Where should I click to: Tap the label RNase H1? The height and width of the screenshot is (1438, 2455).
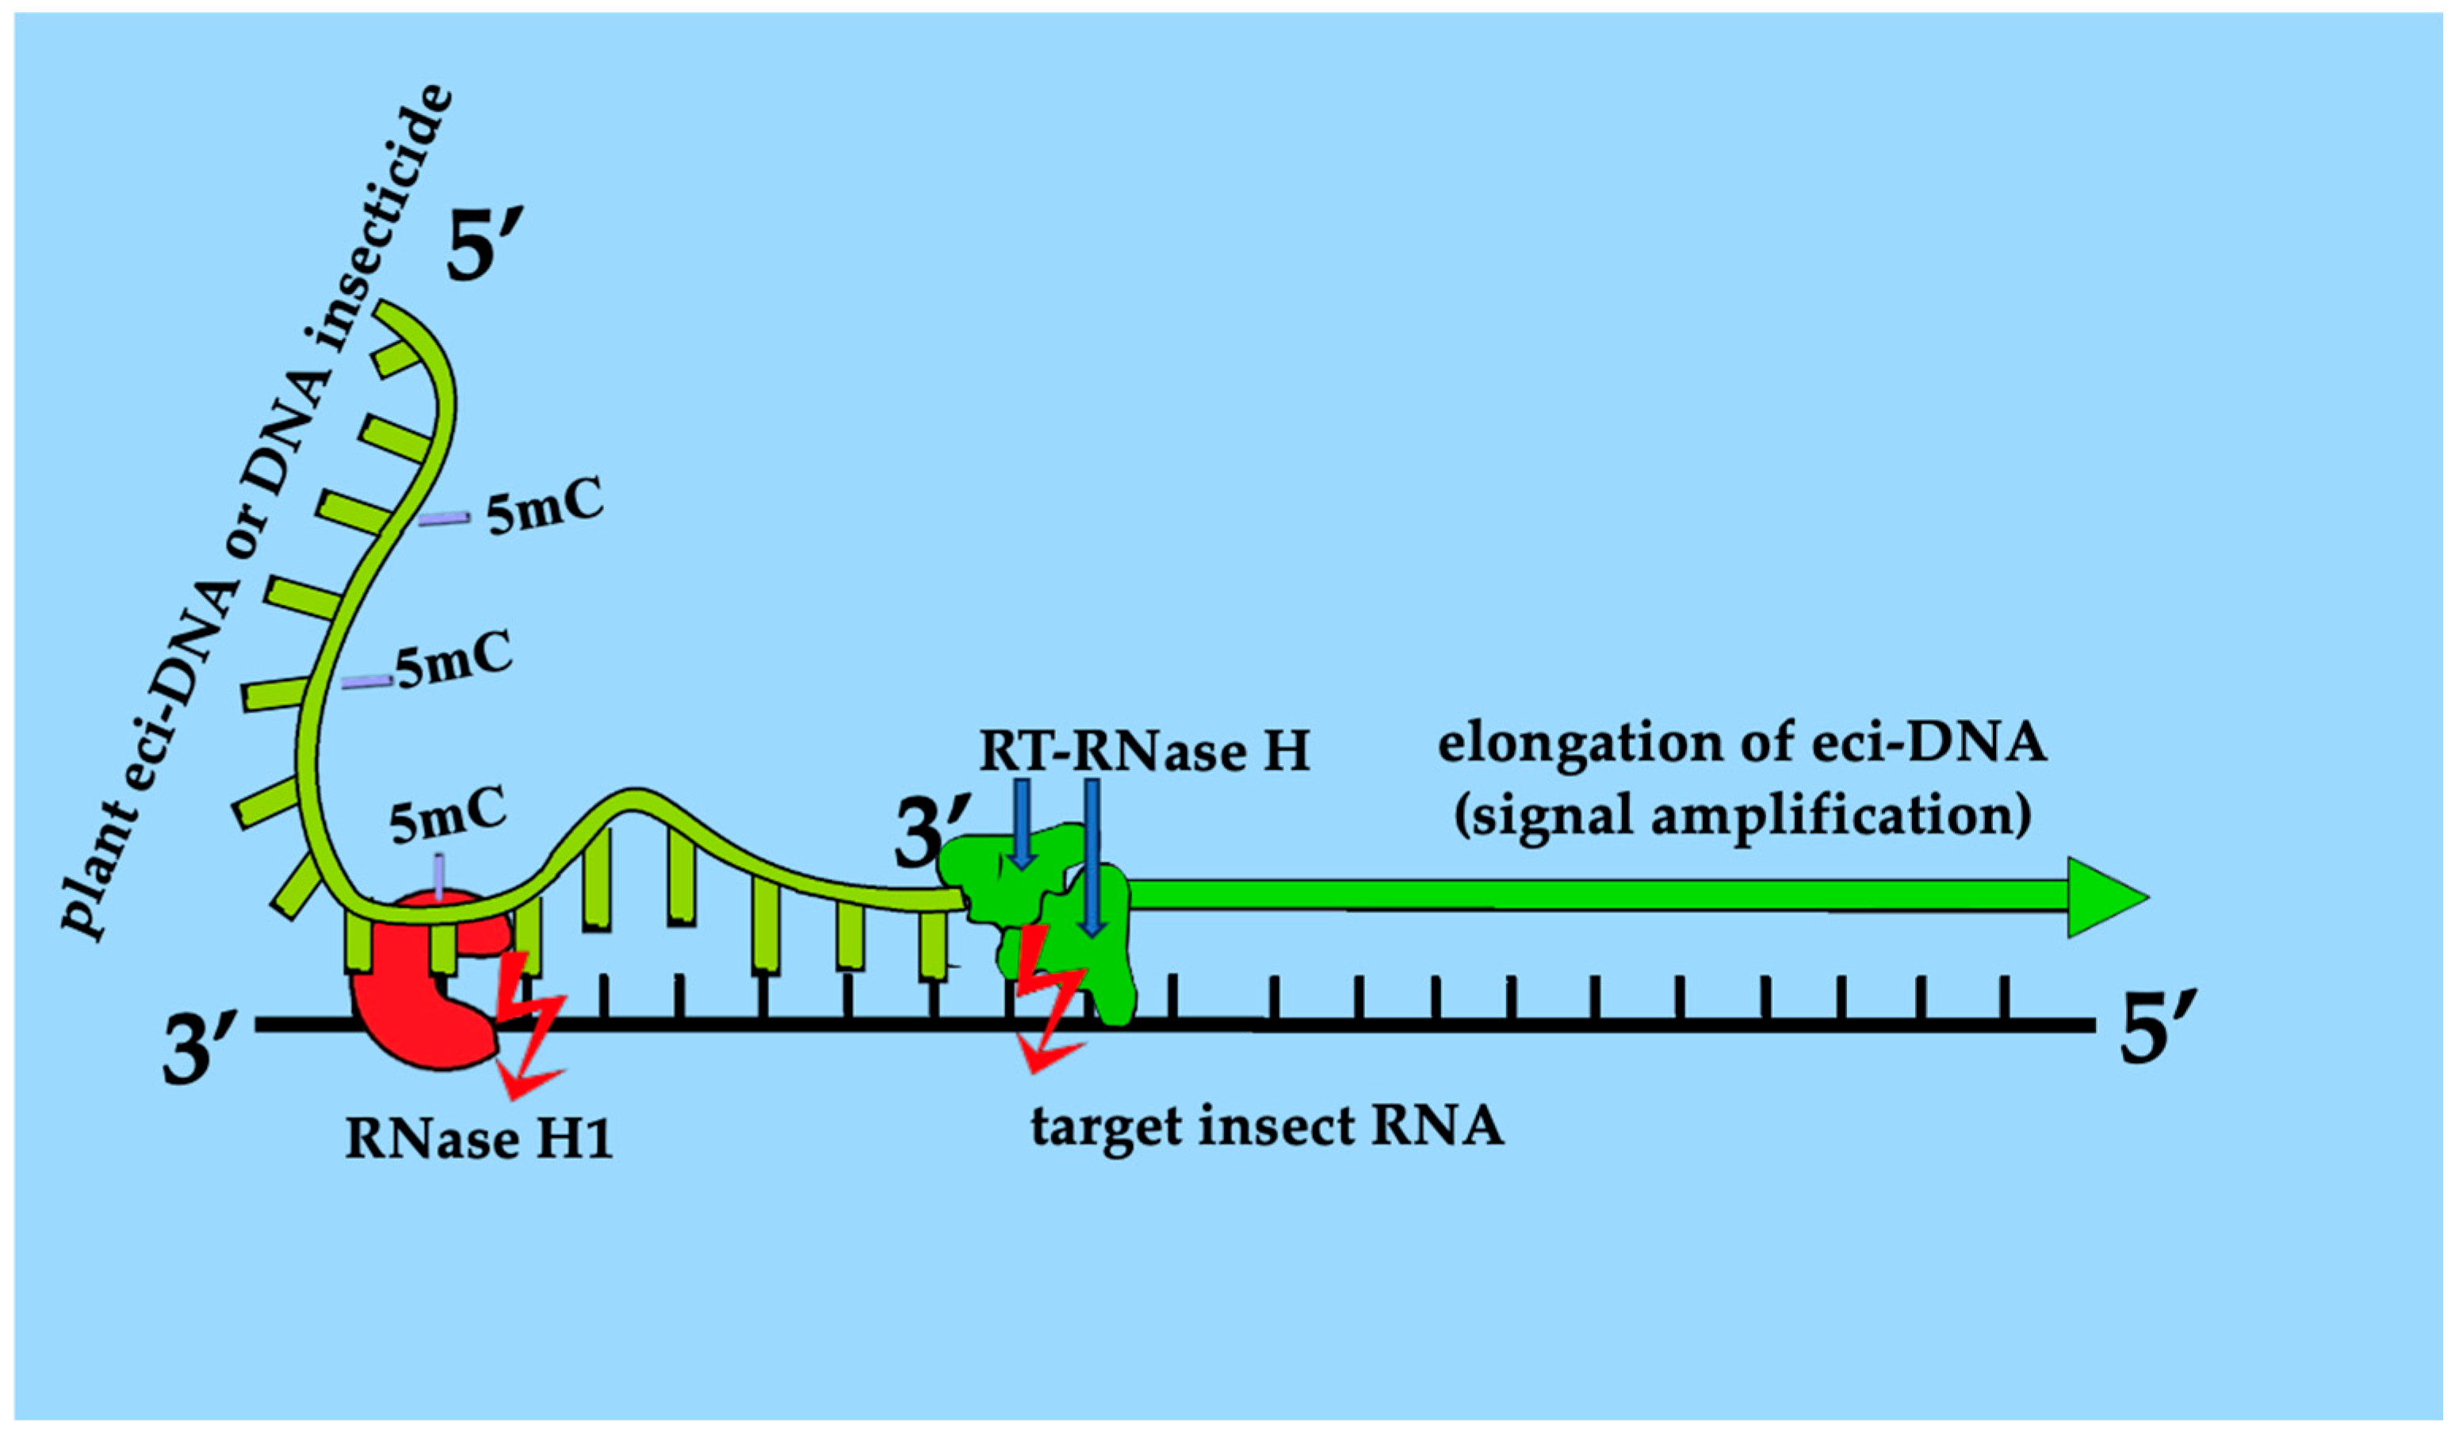click(480, 1138)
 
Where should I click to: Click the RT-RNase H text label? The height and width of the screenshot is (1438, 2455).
click(1145, 752)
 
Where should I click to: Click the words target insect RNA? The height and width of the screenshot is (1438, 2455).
click(1268, 1126)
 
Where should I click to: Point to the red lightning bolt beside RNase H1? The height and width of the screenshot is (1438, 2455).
click(527, 1023)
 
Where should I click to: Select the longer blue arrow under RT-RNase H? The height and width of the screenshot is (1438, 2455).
click(1092, 858)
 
